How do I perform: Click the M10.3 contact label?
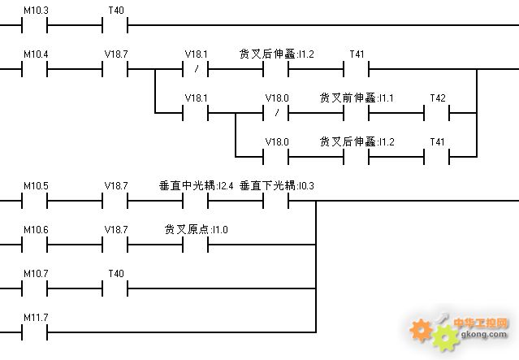click(36, 11)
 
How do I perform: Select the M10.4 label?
click(36, 54)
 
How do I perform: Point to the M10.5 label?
click(36, 186)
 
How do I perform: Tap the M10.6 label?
click(36, 229)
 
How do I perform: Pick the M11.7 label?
click(36, 318)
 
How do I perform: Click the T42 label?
click(438, 98)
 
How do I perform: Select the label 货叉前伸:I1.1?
click(357, 98)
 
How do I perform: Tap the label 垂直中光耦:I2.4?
click(196, 186)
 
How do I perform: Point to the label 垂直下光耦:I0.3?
click(277, 186)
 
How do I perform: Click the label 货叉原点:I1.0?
click(196, 229)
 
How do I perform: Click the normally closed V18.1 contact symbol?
click(195, 69)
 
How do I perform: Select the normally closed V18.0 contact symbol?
click(276, 113)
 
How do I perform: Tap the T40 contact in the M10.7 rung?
click(115, 288)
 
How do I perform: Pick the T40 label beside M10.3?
click(116, 11)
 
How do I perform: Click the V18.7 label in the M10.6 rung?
click(116, 229)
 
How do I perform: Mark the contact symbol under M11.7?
click(34, 332)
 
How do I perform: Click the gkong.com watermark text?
click(484, 334)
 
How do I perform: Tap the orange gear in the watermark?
click(421, 330)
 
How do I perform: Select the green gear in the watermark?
click(446, 338)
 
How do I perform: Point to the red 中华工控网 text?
click(481, 323)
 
